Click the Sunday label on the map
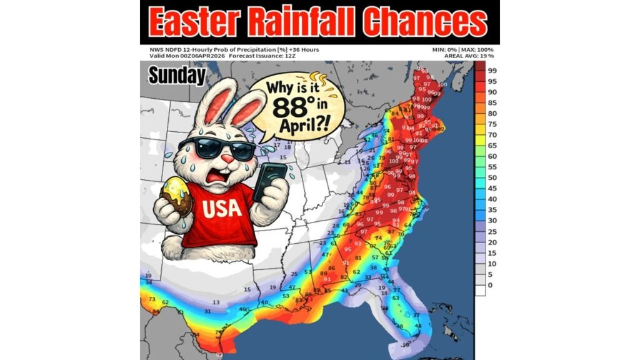177,76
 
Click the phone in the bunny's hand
270,181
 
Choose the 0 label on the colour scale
490,285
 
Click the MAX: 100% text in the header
477,49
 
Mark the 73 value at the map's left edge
151,300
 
